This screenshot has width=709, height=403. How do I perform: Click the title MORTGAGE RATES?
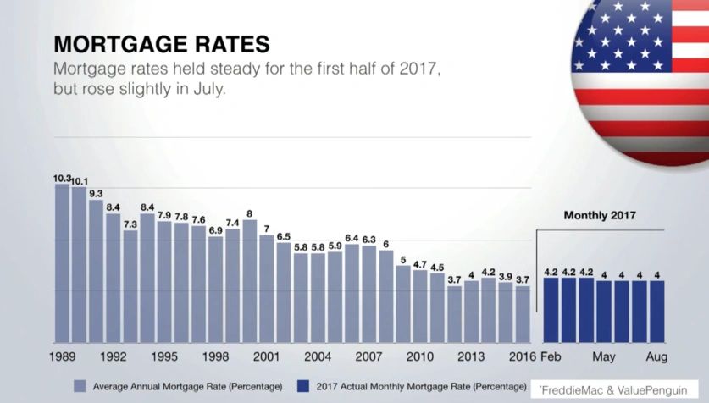point(161,43)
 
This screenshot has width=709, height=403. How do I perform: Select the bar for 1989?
point(62,262)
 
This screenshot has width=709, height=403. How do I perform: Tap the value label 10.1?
point(79,181)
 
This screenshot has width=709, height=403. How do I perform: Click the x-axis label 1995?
point(164,356)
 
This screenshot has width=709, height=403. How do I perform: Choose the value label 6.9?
point(215,230)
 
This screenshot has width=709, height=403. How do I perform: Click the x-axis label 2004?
point(318,356)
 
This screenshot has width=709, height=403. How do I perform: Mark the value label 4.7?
point(420,264)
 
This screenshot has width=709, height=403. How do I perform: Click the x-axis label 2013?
point(471,356)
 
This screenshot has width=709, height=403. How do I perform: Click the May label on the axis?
point(603,356)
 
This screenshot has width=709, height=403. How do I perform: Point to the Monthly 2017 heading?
point(599,216)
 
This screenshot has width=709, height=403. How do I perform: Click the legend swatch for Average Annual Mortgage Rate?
point(80,386)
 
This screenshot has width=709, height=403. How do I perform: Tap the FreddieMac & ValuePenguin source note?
point(612,390)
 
